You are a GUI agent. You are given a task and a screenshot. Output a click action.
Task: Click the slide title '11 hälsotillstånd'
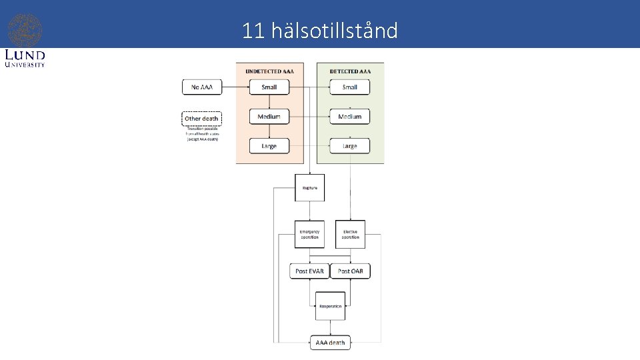pyautogui.click(x=320, y=30)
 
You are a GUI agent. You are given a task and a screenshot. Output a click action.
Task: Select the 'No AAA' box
pyautogui.click(x=202, y=87)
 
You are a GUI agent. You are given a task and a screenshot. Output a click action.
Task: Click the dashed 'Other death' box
pyautogui.click(x=201, y=119)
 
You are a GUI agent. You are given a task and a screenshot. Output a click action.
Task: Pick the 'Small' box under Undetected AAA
pyautogui.click(x=269, y=87)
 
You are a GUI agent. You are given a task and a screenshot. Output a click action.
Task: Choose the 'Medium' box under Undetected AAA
pyautogui.click(x=269, y=117)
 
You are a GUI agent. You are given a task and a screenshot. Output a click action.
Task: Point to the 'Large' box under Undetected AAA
pyautogui.click(x=269, y=146)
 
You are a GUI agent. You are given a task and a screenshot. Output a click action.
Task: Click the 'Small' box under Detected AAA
pyautogui.click(x=350, y=87)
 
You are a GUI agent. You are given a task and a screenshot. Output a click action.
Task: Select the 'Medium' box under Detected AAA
pyautogui.click(x=350, y=117)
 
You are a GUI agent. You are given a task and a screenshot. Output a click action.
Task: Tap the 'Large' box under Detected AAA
pyautogui.click(x=350, y=146)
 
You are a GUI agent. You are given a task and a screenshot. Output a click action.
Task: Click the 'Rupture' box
pyautogui.click(x=309, y=187)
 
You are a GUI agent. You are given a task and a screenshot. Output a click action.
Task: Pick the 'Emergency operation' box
pyautogui.click(x=309, y=235)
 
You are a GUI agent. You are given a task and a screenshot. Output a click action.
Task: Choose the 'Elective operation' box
pyautogui.click(x=350, y=235)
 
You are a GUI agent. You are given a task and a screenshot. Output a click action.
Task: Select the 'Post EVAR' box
pyautogui.click(x=309, y=271)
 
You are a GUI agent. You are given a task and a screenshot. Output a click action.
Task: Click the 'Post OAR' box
pyautogui.click(x=351, y=271)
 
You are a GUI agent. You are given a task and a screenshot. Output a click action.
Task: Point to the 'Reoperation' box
pyautogui.click(x=330, y=306)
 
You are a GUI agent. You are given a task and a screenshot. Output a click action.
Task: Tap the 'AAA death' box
pyautogui.click(x=330, y=343)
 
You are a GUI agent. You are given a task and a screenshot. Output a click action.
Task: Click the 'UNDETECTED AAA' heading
pyautogui.click(x=269, y=71)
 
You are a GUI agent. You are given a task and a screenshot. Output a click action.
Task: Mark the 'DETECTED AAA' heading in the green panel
pyautogui.click(x=350, y=71)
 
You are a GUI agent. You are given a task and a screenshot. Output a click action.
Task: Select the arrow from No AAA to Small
pyautogui.click(x=235, y=87)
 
